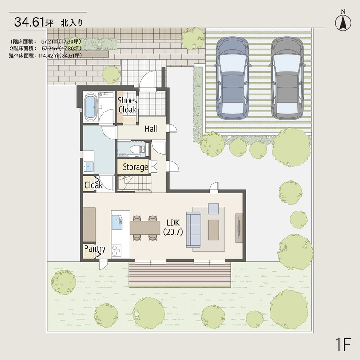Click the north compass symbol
coord(343,21)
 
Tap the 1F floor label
coord(343,344)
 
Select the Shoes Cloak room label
coord(127,105)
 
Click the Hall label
coord(151,129)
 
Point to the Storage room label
coord(135,167)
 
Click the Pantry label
coord(95,249)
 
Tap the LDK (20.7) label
coord(173,228)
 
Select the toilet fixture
coord(137,150)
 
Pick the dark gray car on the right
coord(287,78)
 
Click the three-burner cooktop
coord(117,251)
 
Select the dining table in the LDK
coord(145,228)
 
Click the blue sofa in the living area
coord(193,230)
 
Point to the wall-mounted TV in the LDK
coord(239,228)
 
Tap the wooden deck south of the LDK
coord(180,274)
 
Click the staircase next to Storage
coord(134,183)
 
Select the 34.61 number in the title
coord(29,22)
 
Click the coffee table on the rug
coord(213,230)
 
